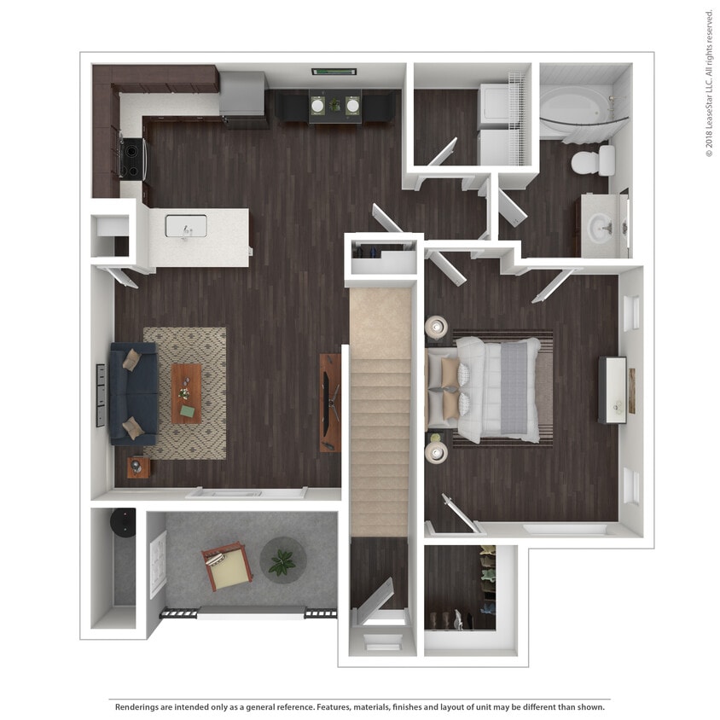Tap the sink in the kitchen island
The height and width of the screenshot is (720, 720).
pyautogui.click(x=186, y=227)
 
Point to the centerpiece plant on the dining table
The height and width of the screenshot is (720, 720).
pyautogui.click(x=334, y=105)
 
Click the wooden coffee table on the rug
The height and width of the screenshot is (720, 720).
pyautogui.click(x=187, y=393)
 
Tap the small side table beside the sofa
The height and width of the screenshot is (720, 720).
pyautogui.click(x=137, y=467)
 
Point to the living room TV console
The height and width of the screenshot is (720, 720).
pyautogui.click(x=330, y=402)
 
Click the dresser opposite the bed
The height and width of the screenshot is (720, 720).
pyautogui.click(x=612, y=390)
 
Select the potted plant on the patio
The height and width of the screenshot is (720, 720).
pyautogui.click(x=282, y=560)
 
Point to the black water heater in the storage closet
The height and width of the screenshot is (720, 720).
pyautogui.click(x=124, y=523)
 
